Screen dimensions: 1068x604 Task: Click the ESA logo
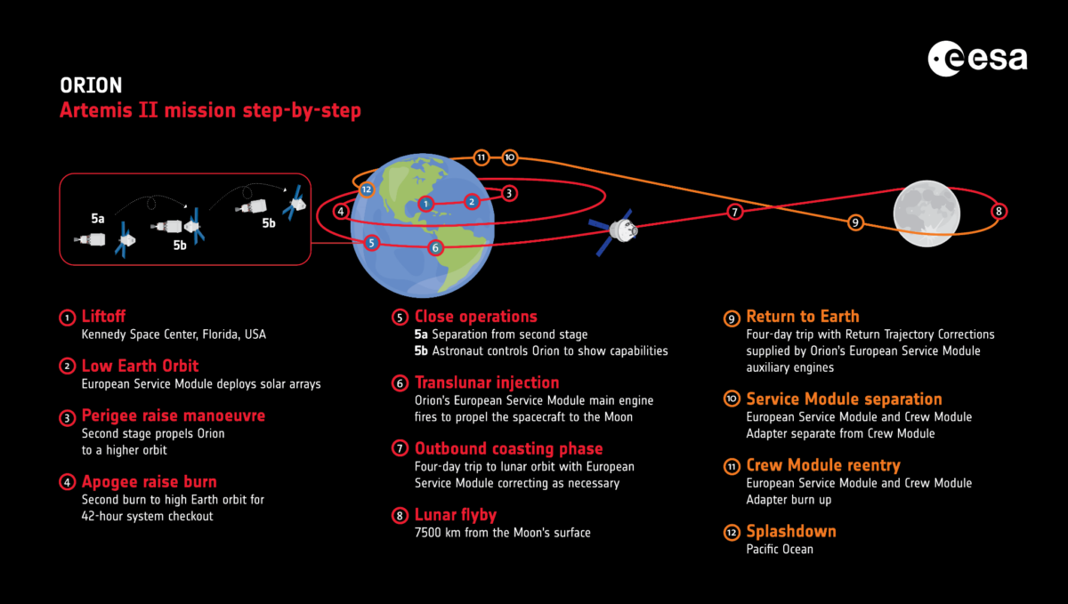[x=977, y=59]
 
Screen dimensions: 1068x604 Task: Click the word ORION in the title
[x=91, y=85]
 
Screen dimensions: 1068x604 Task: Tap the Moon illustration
[x=926, y=213]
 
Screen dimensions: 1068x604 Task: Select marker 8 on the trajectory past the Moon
[x=999, y=211]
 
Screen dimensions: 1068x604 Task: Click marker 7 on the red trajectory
[x=735, y=212]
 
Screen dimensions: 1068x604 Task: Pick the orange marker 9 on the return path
[x=855, y=222]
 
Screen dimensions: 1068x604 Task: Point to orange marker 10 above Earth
[x=510, y=157]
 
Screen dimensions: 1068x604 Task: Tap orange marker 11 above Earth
[x=481, y=157]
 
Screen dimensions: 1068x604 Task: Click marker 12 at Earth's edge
[x=366, y=189]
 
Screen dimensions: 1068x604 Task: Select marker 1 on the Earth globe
[x=425, y=204]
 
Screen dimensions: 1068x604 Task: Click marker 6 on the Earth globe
[x=435, y=248]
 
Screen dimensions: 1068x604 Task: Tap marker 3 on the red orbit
[x=509, y=193]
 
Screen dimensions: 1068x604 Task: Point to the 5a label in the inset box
[x=98, y=218]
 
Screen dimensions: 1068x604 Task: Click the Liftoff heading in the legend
[x=103, y=316]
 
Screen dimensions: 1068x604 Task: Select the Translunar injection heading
[x=487, y=383]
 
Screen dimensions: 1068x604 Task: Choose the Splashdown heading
[x=791, y=531]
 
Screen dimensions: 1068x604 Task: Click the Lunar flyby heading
[x=456, y=515]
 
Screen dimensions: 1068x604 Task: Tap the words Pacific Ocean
[x=780, y=549]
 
